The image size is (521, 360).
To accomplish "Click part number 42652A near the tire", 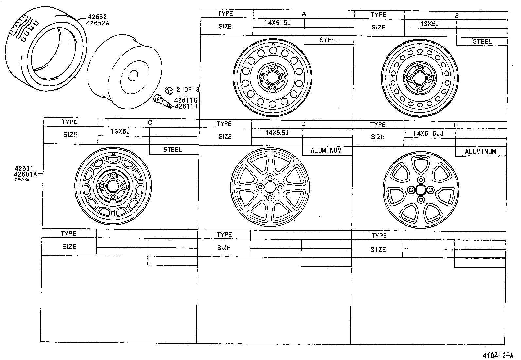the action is coord(98,23).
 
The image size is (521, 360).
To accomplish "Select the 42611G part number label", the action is coord(186,100).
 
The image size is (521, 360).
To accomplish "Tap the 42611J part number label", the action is coord(186,106).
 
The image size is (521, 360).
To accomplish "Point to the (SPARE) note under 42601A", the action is coord(23,179).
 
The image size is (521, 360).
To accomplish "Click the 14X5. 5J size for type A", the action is coord(278,23).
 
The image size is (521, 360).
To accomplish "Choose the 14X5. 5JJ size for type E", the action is coord(428,133).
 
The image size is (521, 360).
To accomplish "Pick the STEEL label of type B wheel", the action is coord(482,42).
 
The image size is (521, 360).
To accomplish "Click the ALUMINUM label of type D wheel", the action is coord(326,150).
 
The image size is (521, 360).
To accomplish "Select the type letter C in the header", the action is coord(150,123).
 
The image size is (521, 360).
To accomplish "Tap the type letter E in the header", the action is coord(455,125).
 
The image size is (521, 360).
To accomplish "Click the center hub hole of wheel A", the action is coord(272,77).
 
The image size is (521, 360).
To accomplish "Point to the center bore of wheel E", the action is coord(421,190).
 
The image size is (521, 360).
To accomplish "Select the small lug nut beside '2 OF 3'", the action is coord(169,90).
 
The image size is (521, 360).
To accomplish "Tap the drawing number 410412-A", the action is coord(498,356).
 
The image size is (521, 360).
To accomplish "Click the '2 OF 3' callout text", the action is coord(188,90).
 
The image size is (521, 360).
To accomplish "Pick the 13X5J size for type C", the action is coord(120,132).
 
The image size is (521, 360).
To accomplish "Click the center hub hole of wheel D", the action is coord(270,187).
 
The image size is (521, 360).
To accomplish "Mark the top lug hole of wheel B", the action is coord(420,68).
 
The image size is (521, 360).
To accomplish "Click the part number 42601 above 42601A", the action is coord(24,168).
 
